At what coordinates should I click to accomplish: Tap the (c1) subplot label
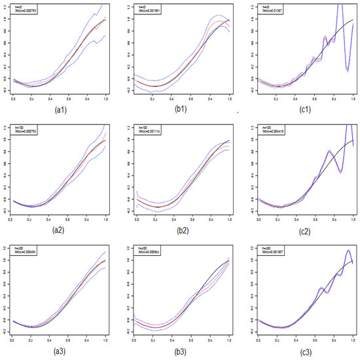pyautogui.click(x=302, y=111)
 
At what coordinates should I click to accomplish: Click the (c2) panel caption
pyautogui.click(x=302, y=231)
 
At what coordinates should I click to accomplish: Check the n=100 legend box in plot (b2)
pyautogui.click(x=149, y=130)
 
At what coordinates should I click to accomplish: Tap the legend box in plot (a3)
pyautogui.click(x=27, y=251)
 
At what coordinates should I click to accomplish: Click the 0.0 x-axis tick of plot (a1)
pyautogui.click(x=14, y=98)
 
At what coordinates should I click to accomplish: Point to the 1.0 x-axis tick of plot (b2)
pyautogui.click(x=230, y=219)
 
